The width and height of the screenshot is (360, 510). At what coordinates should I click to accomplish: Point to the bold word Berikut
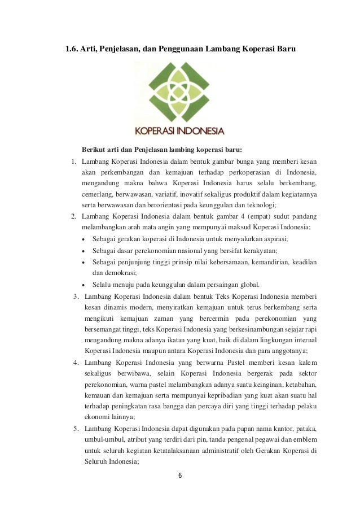pos(94,150)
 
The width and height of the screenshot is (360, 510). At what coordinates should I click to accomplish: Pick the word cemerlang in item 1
pos(96,194)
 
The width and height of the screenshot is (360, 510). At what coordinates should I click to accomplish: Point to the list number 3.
pos(74,295)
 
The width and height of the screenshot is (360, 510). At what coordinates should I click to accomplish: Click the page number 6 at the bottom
pos(180,475)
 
